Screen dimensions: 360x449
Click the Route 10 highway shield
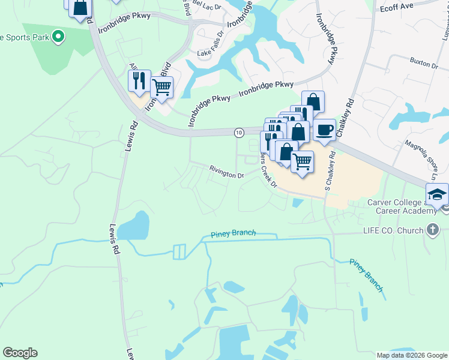pyautogui.click(x=239, y=132)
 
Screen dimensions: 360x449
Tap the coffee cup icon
pyautogui.click(x=324, y=130)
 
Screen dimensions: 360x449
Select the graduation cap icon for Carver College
pyautogui.click(x=436, y=194)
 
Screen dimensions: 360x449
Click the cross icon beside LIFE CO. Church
pyautogui.click(x=432, y=229)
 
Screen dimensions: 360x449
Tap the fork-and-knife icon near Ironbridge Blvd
pyautogui.click(x=139, y=80)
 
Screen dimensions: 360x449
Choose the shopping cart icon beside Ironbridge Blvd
pyautogui.click(x=161, y=87)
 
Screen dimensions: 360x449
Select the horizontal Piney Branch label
pyautogui.click(x=234, y=233)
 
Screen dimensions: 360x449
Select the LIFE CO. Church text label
pyautogui.click(x=394, y=230)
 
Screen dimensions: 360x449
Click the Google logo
pyautogui.click(x=20, y=353)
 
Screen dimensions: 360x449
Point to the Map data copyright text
pyautogui.click(x=411, y=355)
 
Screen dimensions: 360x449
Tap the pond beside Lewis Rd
pyautogui.click(x=134, y=226)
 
